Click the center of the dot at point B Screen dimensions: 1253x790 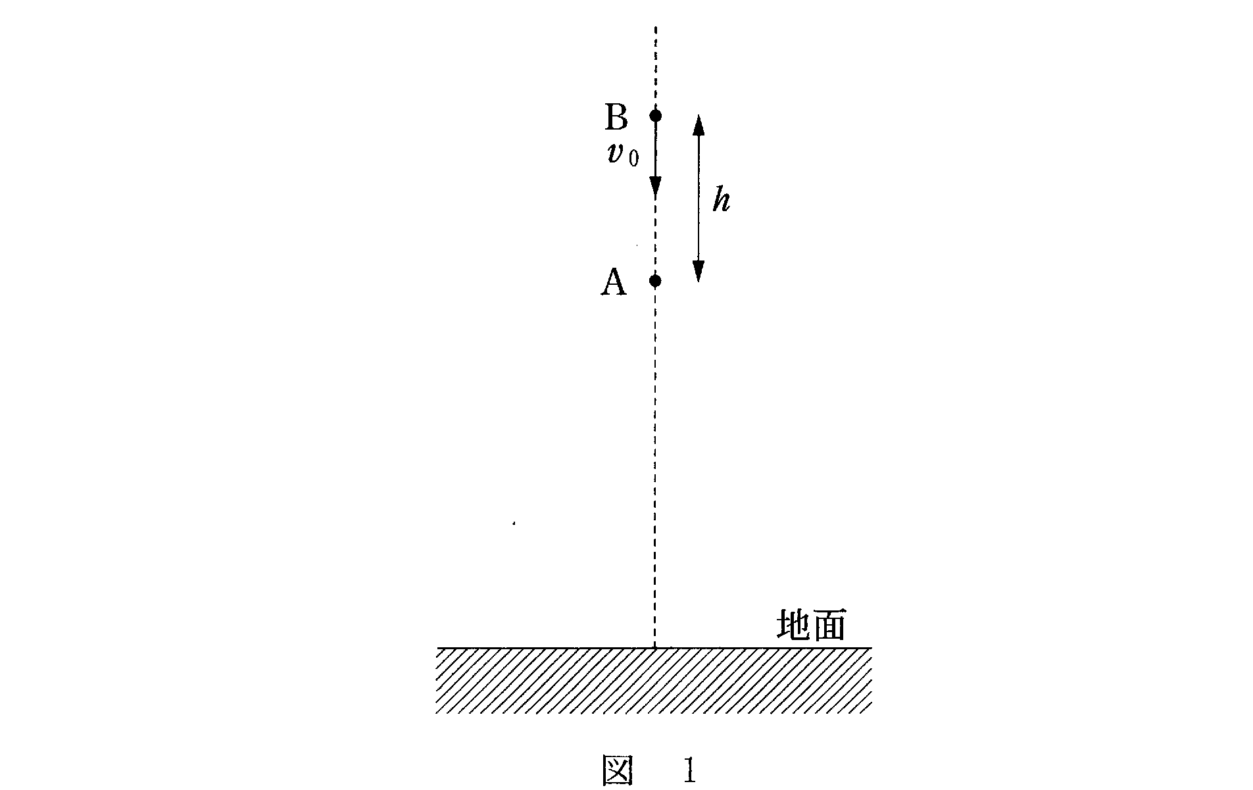click(x=655, y=116)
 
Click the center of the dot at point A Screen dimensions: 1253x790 click(x=655, y=281)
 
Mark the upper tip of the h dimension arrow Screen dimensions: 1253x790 click(x=699, y=115)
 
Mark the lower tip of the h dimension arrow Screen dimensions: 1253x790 click(x=699, y=282)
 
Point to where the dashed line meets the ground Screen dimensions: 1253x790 click(x=655, y=648)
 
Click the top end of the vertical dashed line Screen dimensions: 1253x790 click(x=655, y=27)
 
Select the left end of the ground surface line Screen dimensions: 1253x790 click(x=438, y=648)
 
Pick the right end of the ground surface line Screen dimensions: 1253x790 click(x=872, y=648)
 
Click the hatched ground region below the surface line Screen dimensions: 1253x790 click(x=654, y=681)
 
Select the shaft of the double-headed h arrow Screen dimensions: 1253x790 click(x=699, y=199)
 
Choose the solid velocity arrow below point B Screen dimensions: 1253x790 click(x=655, y=157)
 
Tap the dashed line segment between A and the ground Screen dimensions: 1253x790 click(x=655, y=464)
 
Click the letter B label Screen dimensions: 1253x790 click(x=616, y=118)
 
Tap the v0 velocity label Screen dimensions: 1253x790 click(x=622, y=155)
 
